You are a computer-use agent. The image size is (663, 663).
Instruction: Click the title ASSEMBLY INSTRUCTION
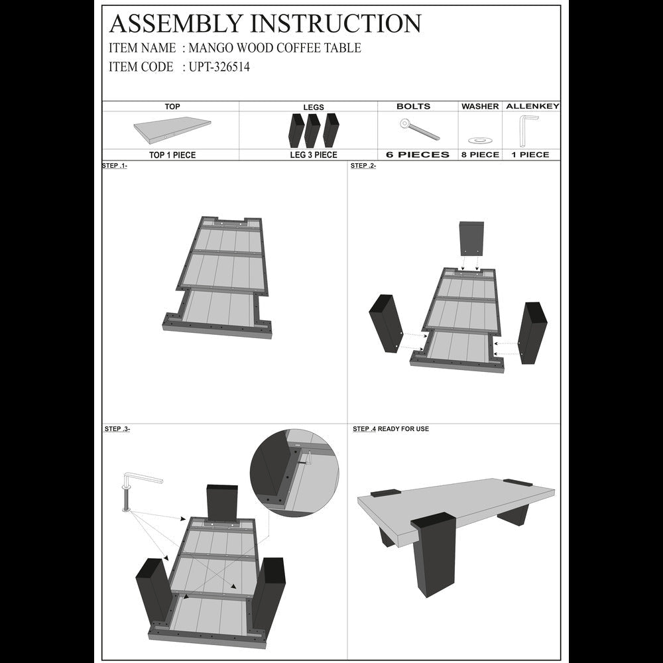(x=265, y=23)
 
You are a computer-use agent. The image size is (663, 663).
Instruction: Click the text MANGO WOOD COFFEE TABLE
(x=275, y=48)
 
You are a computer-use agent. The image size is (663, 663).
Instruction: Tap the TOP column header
(x=172, y=106)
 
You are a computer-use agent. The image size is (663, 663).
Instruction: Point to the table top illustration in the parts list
(x=172, y=131)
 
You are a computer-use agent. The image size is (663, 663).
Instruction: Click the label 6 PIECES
(x=418, y=154)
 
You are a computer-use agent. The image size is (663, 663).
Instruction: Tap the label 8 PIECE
(x=480, y=154)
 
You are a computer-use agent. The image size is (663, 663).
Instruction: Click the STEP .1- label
(x=115, y=166)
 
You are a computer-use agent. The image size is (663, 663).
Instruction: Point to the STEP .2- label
(x=363, y=166)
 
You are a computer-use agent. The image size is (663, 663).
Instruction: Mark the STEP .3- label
(x=117, y=429)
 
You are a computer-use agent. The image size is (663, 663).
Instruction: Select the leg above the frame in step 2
(x=471, y=238)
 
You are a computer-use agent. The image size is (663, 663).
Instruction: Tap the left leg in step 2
(x=385, y=322)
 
